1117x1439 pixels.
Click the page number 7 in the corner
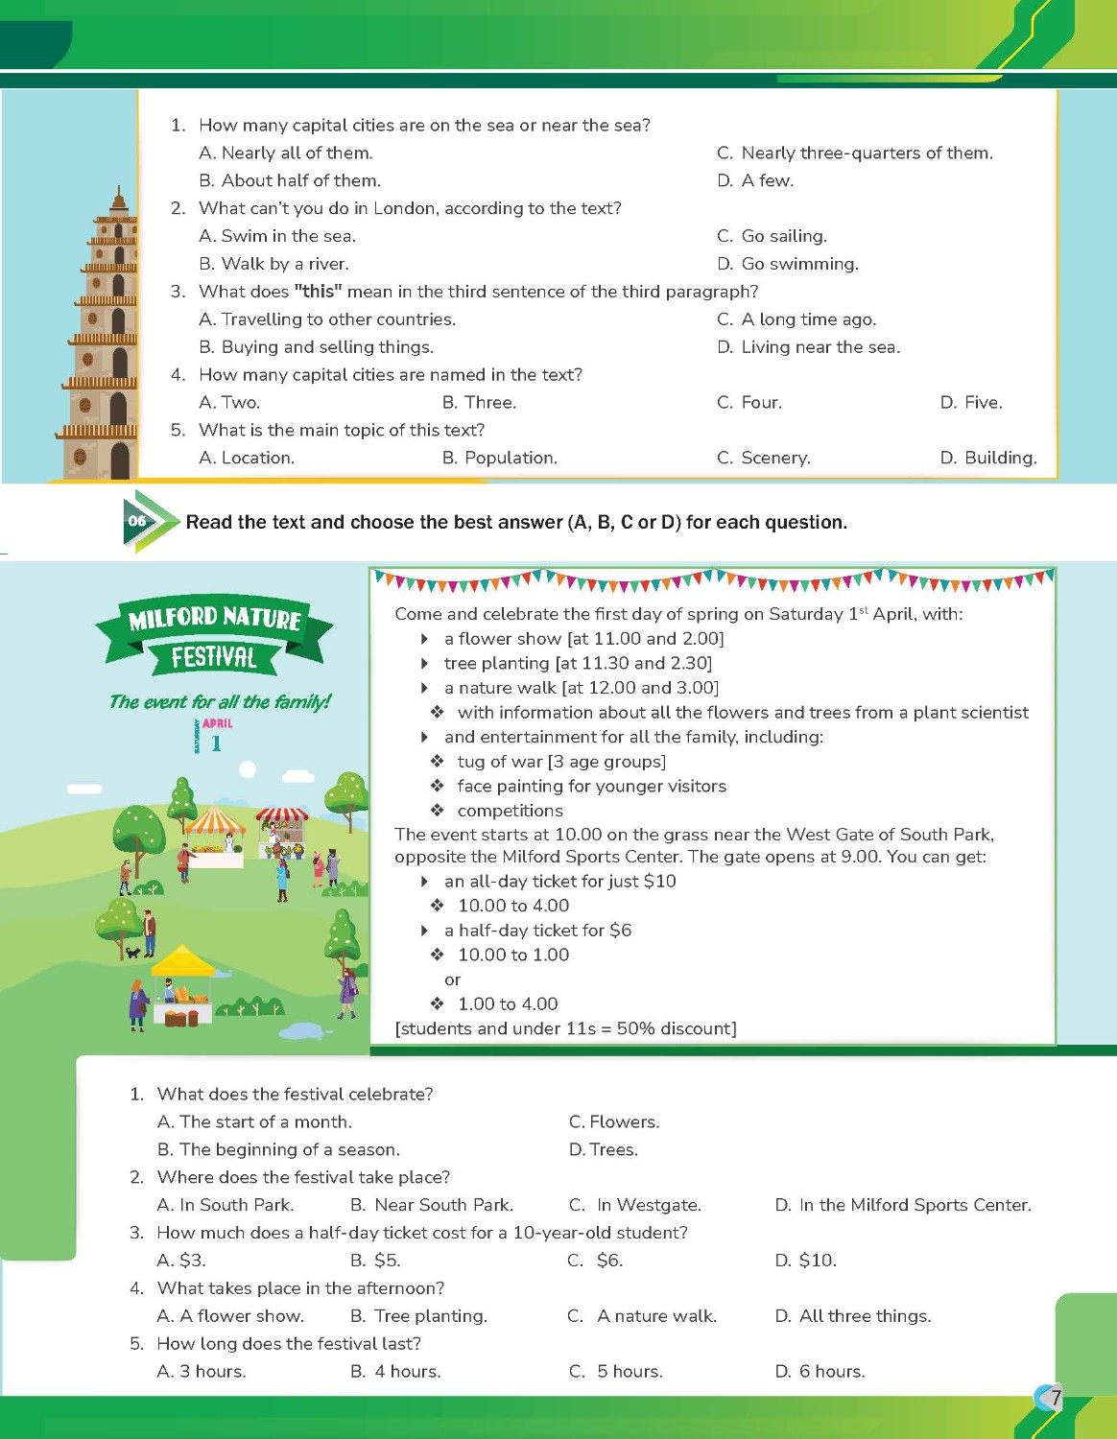tap(1056, 1397)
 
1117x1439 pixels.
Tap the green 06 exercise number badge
tap(138, 521)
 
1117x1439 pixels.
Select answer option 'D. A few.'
tap(755, 180)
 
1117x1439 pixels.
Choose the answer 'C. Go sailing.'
tap(772, 236)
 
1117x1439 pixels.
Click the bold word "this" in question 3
tap(318, 292)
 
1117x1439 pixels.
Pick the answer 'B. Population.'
tap(499, 458)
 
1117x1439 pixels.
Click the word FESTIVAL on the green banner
tap(214, 657)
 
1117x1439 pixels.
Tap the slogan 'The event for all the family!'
tap(220, 701)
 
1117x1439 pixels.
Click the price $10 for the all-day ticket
tap(660, 881)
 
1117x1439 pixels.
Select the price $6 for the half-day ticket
tap(620, 930)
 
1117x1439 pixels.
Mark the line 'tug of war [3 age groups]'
tap(561, 762)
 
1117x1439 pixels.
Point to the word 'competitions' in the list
tap(510, 811)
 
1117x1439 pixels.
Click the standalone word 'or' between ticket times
tap(452, 979)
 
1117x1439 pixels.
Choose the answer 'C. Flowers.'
tap(614, 1121)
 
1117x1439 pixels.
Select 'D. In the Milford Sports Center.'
tap(903, 1205)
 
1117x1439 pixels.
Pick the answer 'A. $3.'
tap(181, 1260)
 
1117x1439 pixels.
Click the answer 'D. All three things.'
tap(853, 1315)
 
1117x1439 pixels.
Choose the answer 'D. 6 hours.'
tap(820, 1371)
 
